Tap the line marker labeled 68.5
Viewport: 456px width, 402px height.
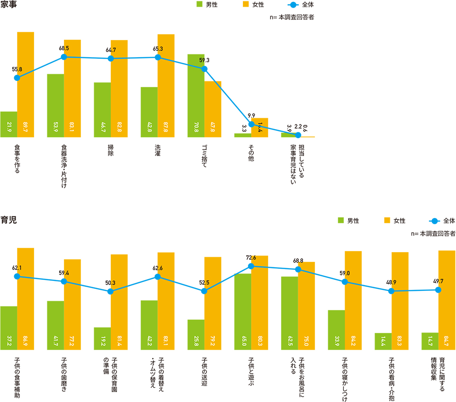[x=64, y=57]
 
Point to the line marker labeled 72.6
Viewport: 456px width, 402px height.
[x=251, y=266]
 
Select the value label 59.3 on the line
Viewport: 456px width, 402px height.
[x=205, y=61]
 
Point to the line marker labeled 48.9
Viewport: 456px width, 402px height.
[x=392, y=291]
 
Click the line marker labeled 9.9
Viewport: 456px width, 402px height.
[x=251, y=124]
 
